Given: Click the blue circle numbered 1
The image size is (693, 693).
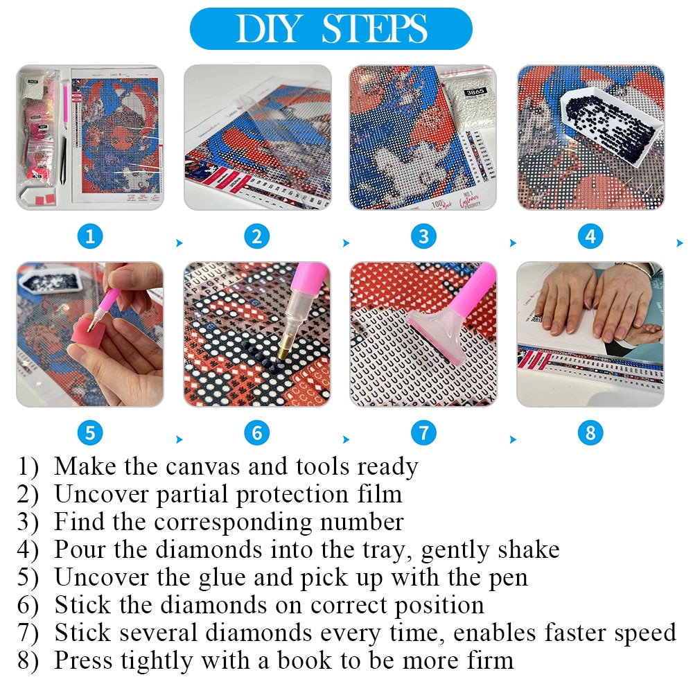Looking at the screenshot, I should pos(89,237).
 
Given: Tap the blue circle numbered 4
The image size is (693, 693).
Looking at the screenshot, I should pos(590,237).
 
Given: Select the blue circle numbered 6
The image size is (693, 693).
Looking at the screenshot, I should pos(256,434).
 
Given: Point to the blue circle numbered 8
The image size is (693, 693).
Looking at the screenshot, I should pos(590,434).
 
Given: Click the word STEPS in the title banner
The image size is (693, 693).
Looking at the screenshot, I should pos(374,29).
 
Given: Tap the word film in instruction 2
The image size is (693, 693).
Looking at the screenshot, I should pos(378,494).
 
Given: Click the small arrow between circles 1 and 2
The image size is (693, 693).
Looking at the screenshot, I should pos(179,243).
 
